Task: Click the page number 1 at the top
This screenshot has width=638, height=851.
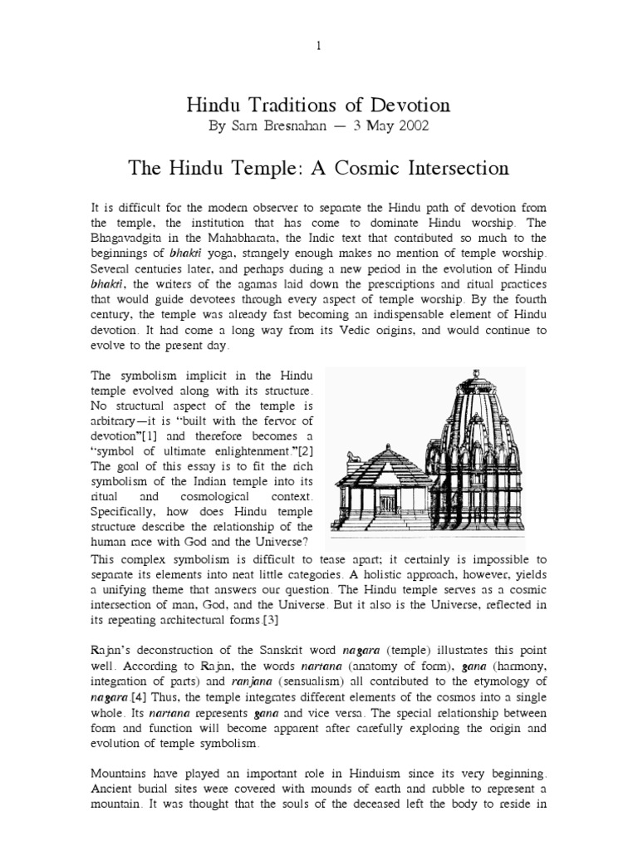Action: (318, 46)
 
